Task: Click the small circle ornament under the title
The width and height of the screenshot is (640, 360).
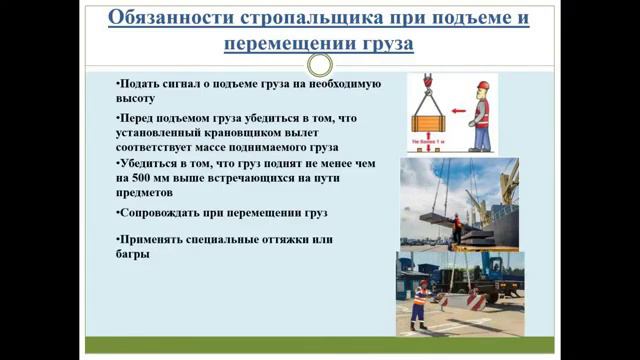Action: (x=320, y=66)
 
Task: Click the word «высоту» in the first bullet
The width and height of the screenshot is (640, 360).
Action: (x=136, y=99)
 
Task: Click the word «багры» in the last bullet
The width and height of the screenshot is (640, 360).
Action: (x=133, y=254)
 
